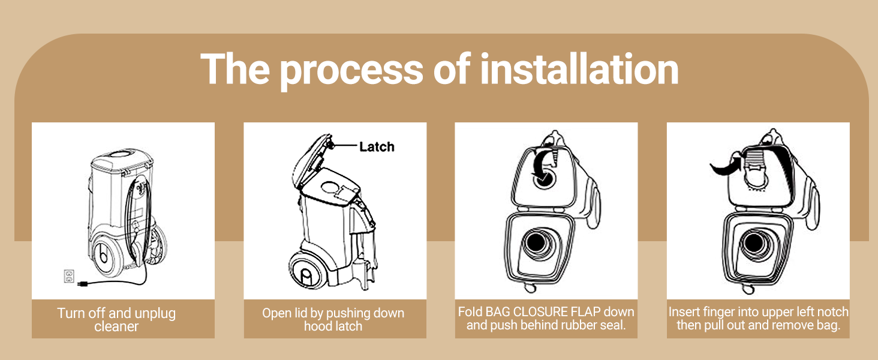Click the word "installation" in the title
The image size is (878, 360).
coord(579,70)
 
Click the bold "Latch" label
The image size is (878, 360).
coord(377,146)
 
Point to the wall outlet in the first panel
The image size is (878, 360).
coord(69,276)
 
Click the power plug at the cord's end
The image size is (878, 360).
coord(82,283)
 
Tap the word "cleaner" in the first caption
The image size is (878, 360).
coord(116,326)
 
